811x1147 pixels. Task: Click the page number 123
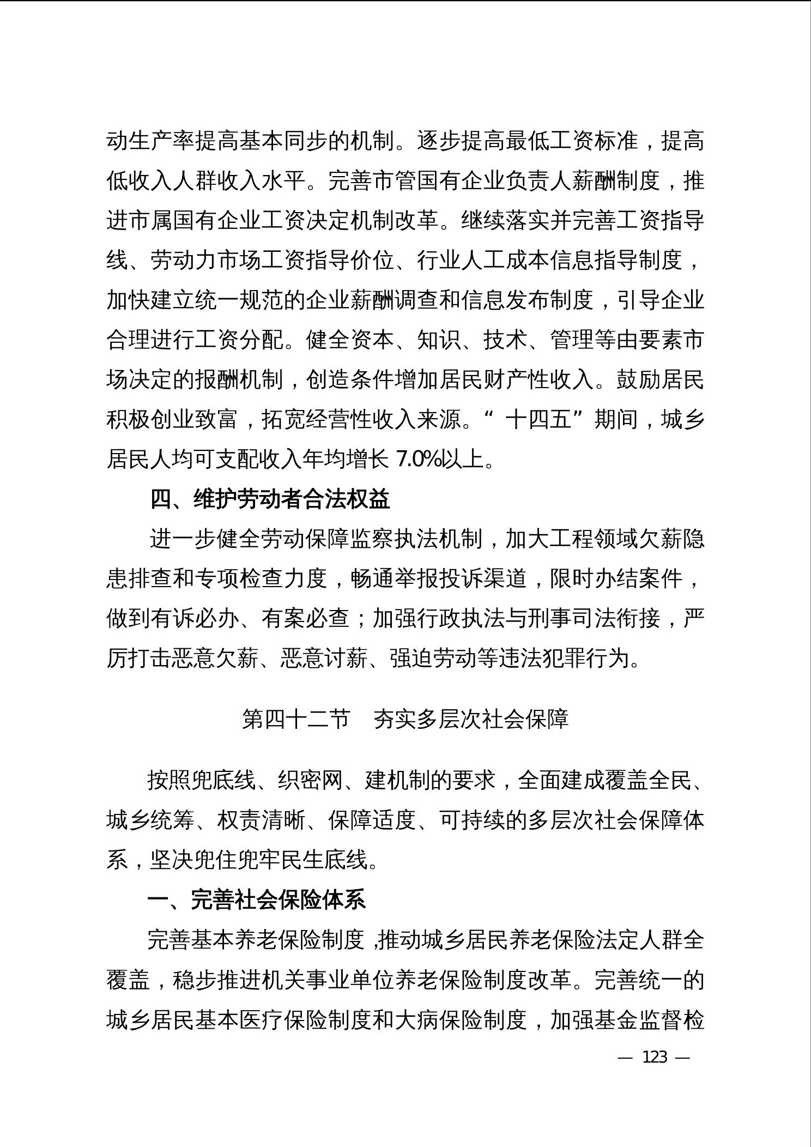point(655,1057)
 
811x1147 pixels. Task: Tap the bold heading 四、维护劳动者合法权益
point(270,499)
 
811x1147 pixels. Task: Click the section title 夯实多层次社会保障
point(471,720)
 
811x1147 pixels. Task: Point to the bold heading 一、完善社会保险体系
point(256,900)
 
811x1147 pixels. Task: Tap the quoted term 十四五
point(538,420)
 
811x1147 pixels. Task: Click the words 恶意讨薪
point(324,659)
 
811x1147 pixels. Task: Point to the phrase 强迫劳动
point(433,659)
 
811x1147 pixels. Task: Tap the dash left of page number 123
point(625,1058)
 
